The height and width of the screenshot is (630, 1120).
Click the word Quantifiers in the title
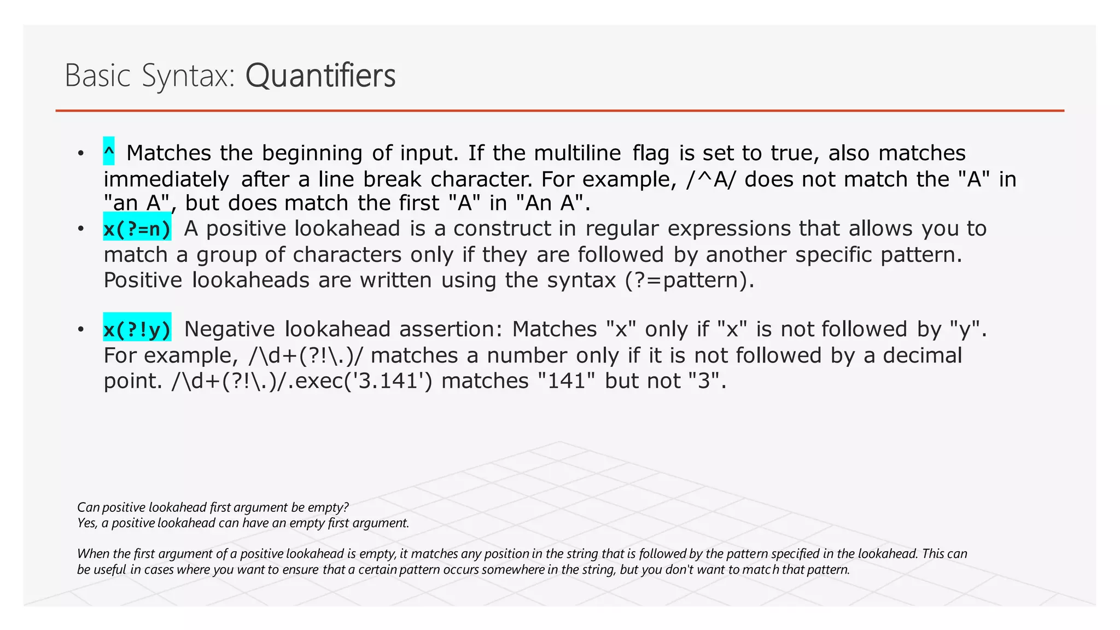(320, 75)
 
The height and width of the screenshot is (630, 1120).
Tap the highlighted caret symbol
(109, 151)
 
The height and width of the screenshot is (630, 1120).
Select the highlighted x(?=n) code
(137, 229)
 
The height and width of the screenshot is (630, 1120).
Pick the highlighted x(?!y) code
(137, 329)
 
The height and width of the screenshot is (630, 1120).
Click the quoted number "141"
(566, 381)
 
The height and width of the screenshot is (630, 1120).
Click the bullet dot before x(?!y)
(81, 329)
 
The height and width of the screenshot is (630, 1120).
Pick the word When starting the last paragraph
(94, 554)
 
